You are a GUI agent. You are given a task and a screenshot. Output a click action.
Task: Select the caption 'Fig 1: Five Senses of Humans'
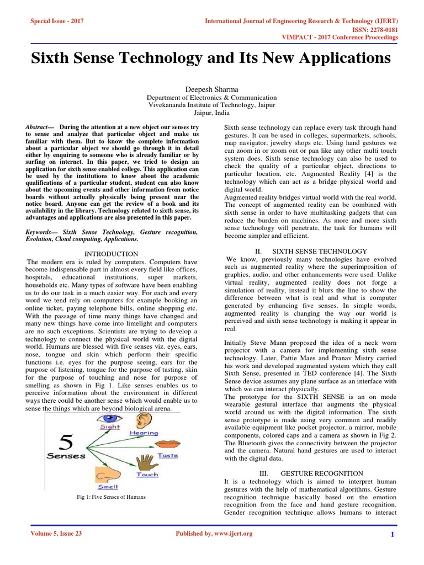click(111, 497)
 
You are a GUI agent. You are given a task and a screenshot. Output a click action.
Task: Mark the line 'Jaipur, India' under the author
click(211, 112)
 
